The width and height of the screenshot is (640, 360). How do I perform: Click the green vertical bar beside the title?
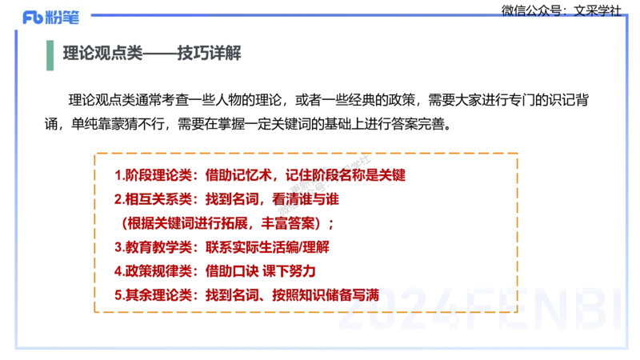pyautogui.click(x=51, y=57)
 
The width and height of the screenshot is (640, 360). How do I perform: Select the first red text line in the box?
pyautogui.click(x=261, y=174)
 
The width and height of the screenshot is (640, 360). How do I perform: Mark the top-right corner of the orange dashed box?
pyautogui.click(x=517, y=153)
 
